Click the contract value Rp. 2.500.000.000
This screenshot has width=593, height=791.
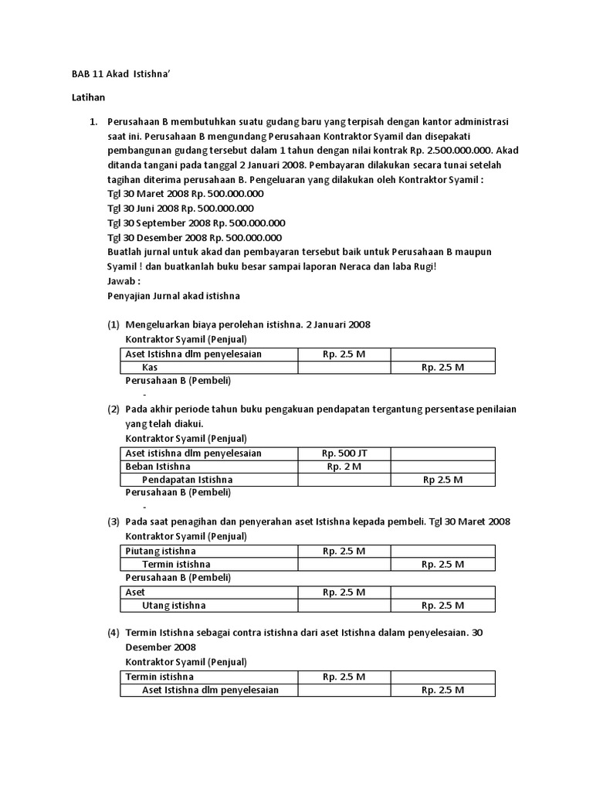coord(452,151)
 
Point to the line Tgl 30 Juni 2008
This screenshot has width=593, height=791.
coord(181,209)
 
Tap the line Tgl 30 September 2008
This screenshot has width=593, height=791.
coord(196,223)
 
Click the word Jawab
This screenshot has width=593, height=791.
coord(124,280)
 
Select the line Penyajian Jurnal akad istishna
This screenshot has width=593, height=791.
coord(174,295)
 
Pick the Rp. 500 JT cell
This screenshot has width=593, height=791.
coord(344,453)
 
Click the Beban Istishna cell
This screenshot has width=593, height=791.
coord(158,467)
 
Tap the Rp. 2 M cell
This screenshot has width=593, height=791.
coord(344,467)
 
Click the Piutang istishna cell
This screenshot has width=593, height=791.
coord(161,551)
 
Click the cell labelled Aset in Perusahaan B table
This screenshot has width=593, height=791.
coord(135,592)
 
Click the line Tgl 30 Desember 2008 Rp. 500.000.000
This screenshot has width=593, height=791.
coord(195,238)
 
